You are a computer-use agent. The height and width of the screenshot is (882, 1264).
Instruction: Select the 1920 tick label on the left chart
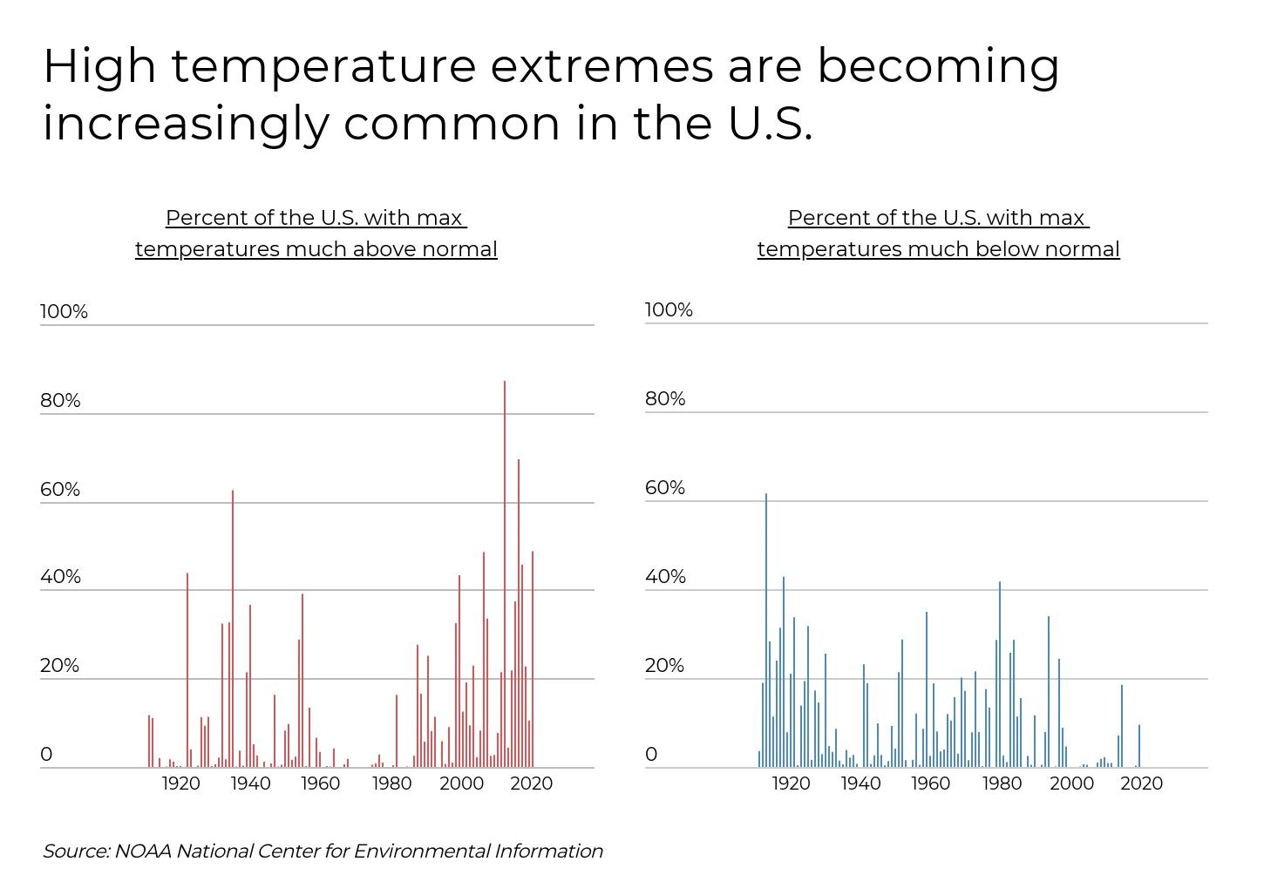click(x=180, y=784)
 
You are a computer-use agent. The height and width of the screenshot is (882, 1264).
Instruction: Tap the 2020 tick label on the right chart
click(x=1141, y=784)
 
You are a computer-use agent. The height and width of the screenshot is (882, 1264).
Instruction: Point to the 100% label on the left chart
click(x=64, y=311)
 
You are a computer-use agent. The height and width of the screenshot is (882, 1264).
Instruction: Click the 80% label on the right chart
click(x=665, y=398)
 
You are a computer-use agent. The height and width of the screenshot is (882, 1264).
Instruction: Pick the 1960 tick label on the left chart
click(x=320, y=784)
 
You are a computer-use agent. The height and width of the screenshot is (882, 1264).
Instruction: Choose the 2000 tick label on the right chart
click(x=1071, y=784)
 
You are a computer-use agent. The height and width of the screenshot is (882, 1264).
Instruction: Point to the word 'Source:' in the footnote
click(x=76, y=851)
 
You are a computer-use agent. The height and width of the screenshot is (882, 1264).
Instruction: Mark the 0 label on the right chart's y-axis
click(x=651, y=755)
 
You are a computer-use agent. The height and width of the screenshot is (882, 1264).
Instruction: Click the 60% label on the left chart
click(x=60, y=489)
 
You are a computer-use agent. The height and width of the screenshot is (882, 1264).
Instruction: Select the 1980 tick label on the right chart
click(x=1002, y=784)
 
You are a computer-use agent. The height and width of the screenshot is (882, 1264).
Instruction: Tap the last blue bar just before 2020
click(x=1138, y=746)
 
